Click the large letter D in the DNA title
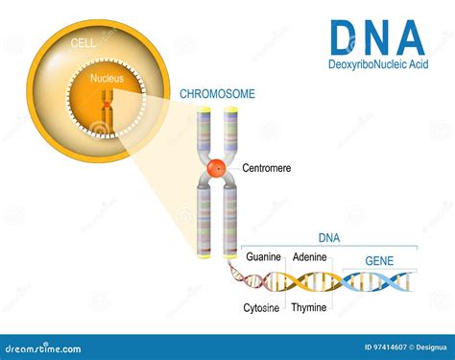point(346,37)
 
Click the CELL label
point(84,45)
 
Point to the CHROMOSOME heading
point(218,94)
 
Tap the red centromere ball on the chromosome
point(217,167)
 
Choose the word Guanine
point(263,257)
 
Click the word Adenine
point(309,257)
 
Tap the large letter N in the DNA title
point(378,37)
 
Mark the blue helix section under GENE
point(379,280)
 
